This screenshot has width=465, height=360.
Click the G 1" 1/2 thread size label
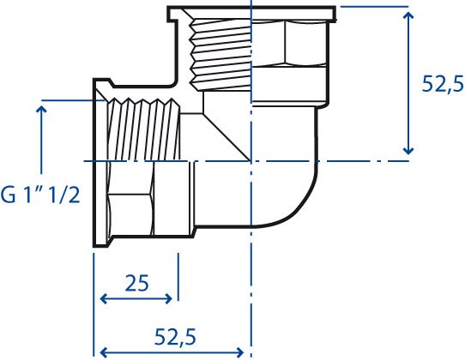point(40,195)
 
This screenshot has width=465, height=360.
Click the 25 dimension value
point(136,283)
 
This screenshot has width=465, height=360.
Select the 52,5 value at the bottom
point(175,337)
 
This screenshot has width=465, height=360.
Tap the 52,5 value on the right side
point(443,83)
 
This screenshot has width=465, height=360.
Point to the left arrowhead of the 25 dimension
point(103,298)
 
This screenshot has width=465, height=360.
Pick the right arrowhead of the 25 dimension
point(169,298)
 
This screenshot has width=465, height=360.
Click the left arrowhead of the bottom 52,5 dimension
point(103,352)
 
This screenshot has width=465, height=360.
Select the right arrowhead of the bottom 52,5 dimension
point(240,352)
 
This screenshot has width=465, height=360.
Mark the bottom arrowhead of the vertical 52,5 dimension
point(408,151)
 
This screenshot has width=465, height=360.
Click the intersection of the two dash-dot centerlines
point(251,161)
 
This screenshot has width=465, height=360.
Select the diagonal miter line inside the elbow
point(227,137)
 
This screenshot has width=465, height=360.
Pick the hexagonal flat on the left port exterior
point(130,214)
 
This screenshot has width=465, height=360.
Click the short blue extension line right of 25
point(178,277)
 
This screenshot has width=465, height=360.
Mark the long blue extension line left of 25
point(94,304)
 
